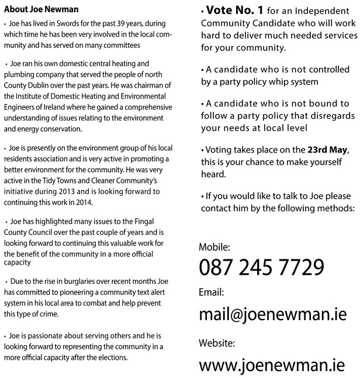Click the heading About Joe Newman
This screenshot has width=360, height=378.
tap(41, 10)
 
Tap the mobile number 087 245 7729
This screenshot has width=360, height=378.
tap(261, 267)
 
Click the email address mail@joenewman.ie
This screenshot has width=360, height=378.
tap(273, 315)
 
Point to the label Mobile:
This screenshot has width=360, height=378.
tap(214, 247)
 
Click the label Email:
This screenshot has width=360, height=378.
tap(212, 292)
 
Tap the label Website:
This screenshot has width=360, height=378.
tap(217, 343)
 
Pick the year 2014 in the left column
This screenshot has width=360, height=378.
tap(92, 203)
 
